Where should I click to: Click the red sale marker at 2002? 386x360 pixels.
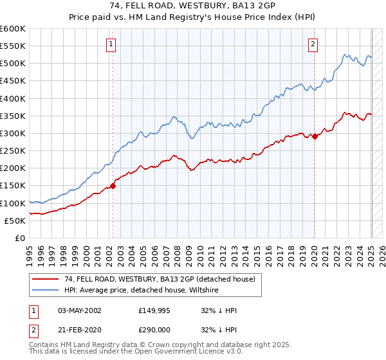coord(113,186)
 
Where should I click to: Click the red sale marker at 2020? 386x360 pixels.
coord(315,136)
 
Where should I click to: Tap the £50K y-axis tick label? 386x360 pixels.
coord(15,221)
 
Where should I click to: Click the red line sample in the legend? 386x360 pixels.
coord(46,279)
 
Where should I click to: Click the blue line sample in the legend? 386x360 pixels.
coord(46,290)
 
